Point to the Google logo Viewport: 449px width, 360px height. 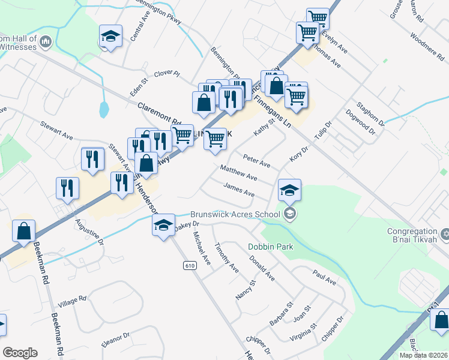20,352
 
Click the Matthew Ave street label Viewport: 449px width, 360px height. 238,174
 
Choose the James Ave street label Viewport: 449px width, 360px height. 238,191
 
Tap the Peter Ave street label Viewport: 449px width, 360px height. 256,160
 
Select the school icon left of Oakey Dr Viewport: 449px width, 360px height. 162,226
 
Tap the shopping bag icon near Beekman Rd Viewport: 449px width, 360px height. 23,232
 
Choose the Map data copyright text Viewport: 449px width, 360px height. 423,355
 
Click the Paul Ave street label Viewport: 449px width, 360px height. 325,277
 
